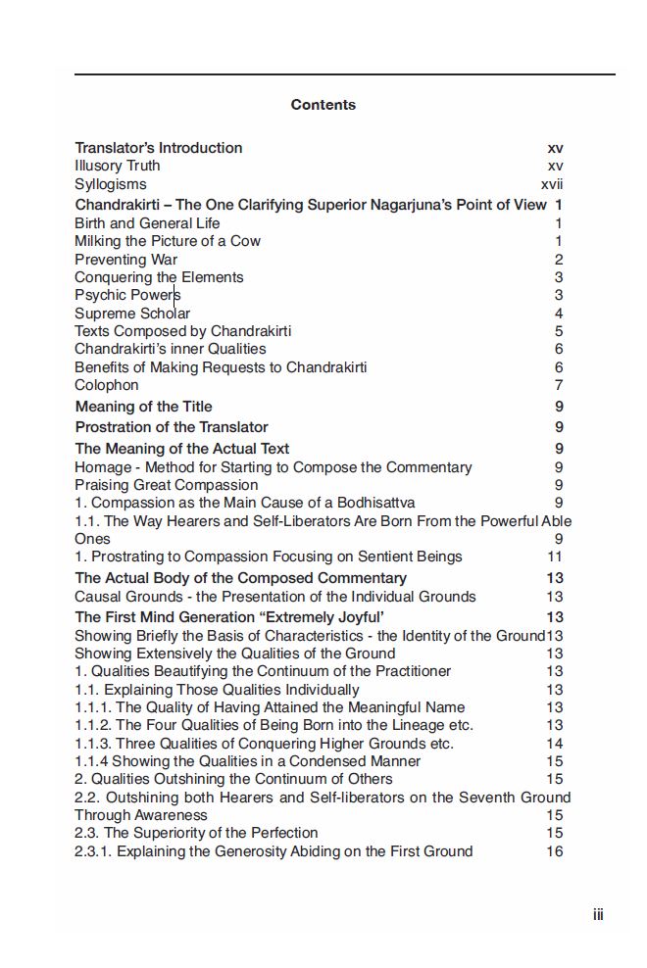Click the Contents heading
[x=323, y=105]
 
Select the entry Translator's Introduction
[x=159, y=148]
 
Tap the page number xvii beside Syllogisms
[x=552, y=184]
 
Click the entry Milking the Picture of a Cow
[x=168, y=241]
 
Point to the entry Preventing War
[x=126, y=260]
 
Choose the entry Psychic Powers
[x=127, y=295]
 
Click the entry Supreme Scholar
[x=132, y=314]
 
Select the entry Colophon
[x=107, y=385]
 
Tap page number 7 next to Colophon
[x=559, y=385]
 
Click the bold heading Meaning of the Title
[x=143, y=407]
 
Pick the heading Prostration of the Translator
[x=172, y=427]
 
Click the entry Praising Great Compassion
[x=167, y=485]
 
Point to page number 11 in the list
[x=555, y=557]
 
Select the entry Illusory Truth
[x=118, y=166]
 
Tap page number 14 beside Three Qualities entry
[x=555, y=744]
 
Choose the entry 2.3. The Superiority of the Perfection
[x=196, y=833]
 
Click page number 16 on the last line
[x=555, y=851]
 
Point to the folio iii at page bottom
[x=598, y=915]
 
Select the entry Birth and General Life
[x=147, y=223]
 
